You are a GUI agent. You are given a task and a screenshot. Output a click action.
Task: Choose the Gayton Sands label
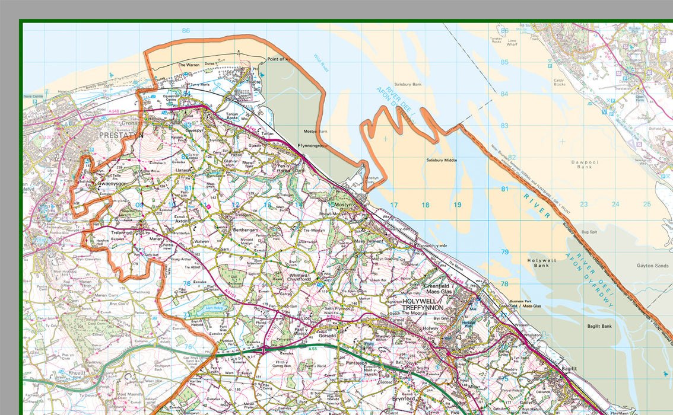point(652,266)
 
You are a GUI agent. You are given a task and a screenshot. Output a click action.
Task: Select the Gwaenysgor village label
point(110,183)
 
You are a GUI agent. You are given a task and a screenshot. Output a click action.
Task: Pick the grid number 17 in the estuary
point(393,205)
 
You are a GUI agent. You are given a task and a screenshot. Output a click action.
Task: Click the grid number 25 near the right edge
point(647,205)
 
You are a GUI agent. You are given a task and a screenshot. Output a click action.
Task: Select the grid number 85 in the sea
point(504,62)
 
